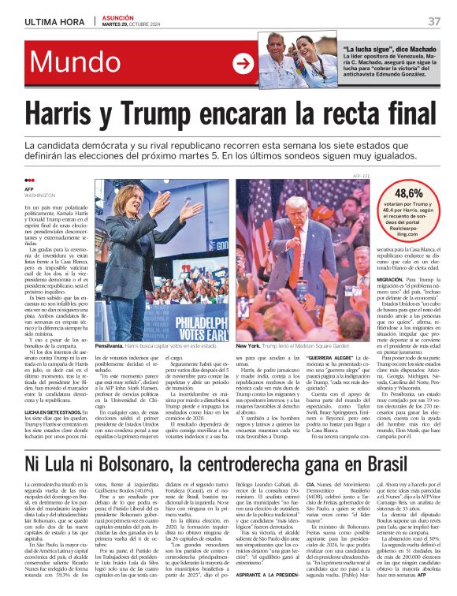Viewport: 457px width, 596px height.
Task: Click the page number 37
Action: [434, 21]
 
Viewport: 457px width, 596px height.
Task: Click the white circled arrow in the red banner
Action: [243, 64]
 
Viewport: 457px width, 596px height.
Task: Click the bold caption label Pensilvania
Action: [109, 346]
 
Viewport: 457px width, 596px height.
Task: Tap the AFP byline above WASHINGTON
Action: [30, 189]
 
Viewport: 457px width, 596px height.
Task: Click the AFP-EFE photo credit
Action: [361, 175]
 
